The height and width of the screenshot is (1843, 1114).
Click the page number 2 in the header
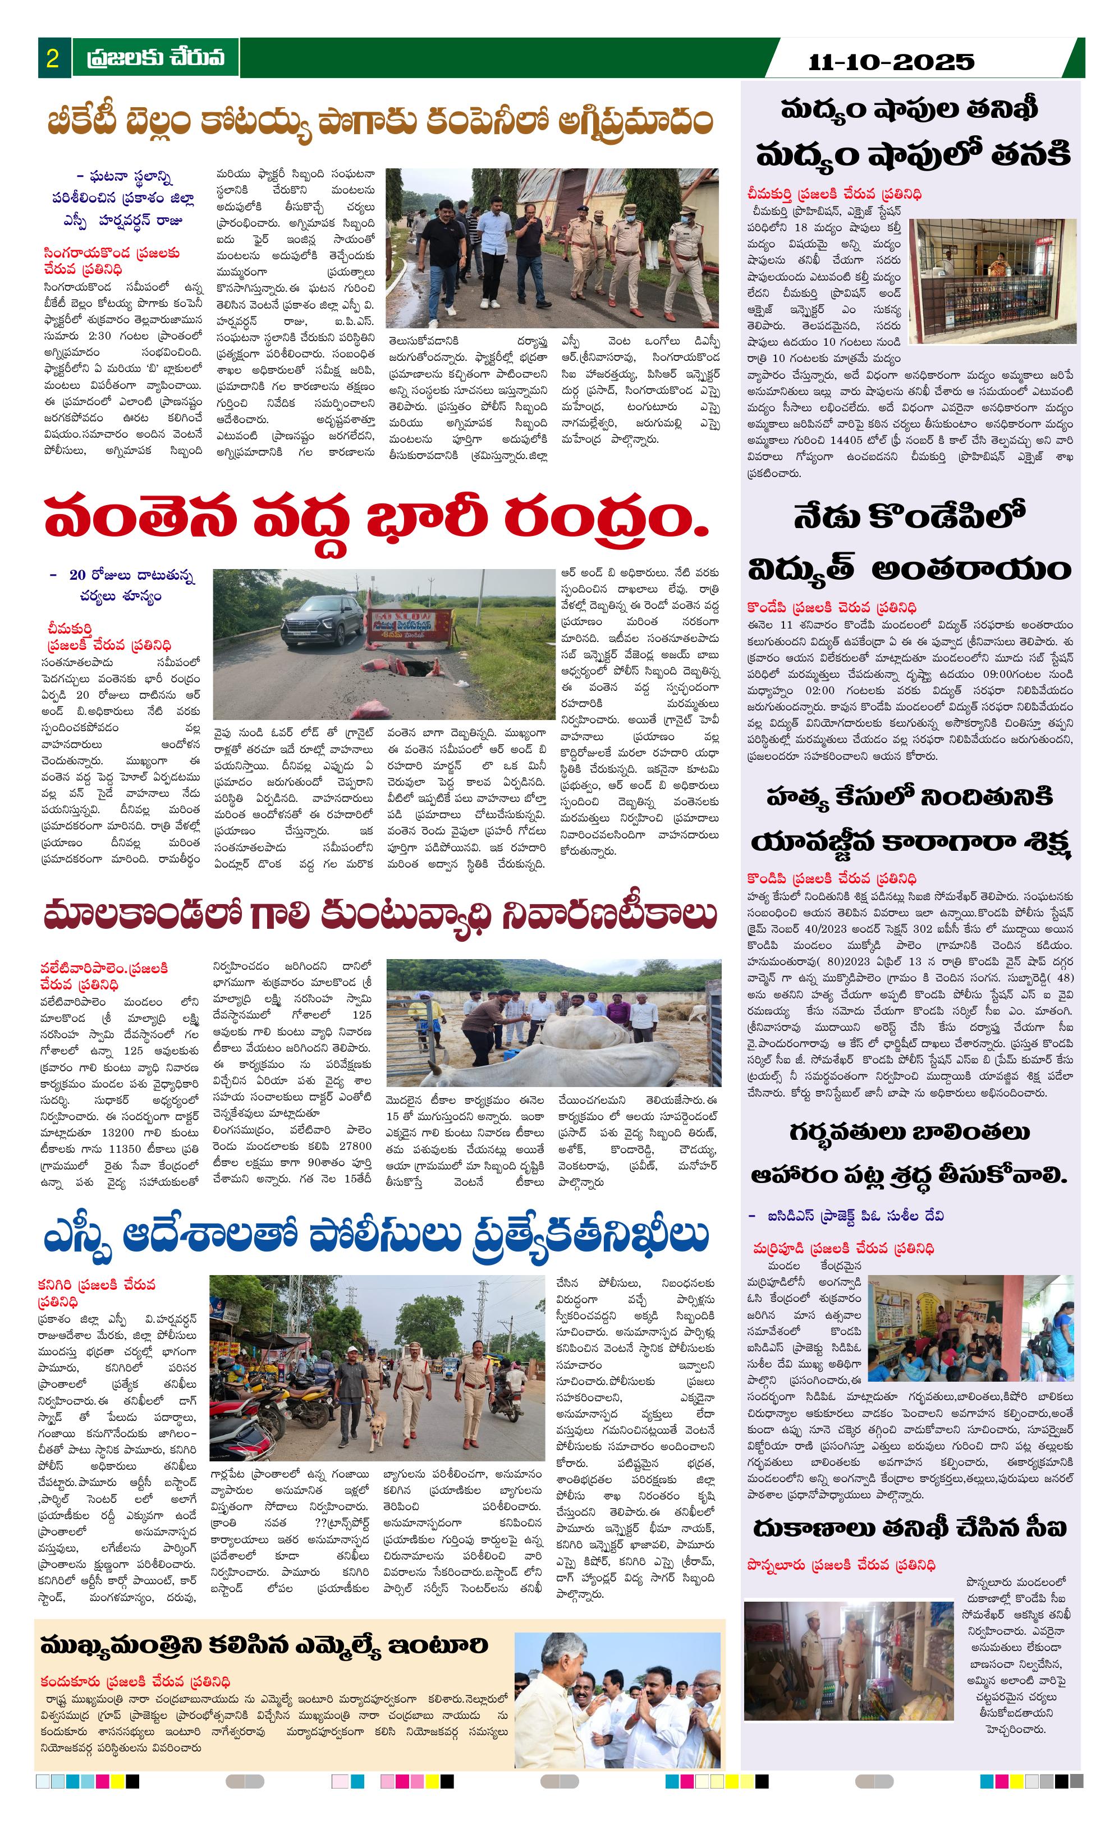(52, 58)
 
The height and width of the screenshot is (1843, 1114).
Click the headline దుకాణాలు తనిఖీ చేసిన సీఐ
(910, 1528)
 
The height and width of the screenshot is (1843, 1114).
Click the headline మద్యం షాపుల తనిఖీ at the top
(910, 110)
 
